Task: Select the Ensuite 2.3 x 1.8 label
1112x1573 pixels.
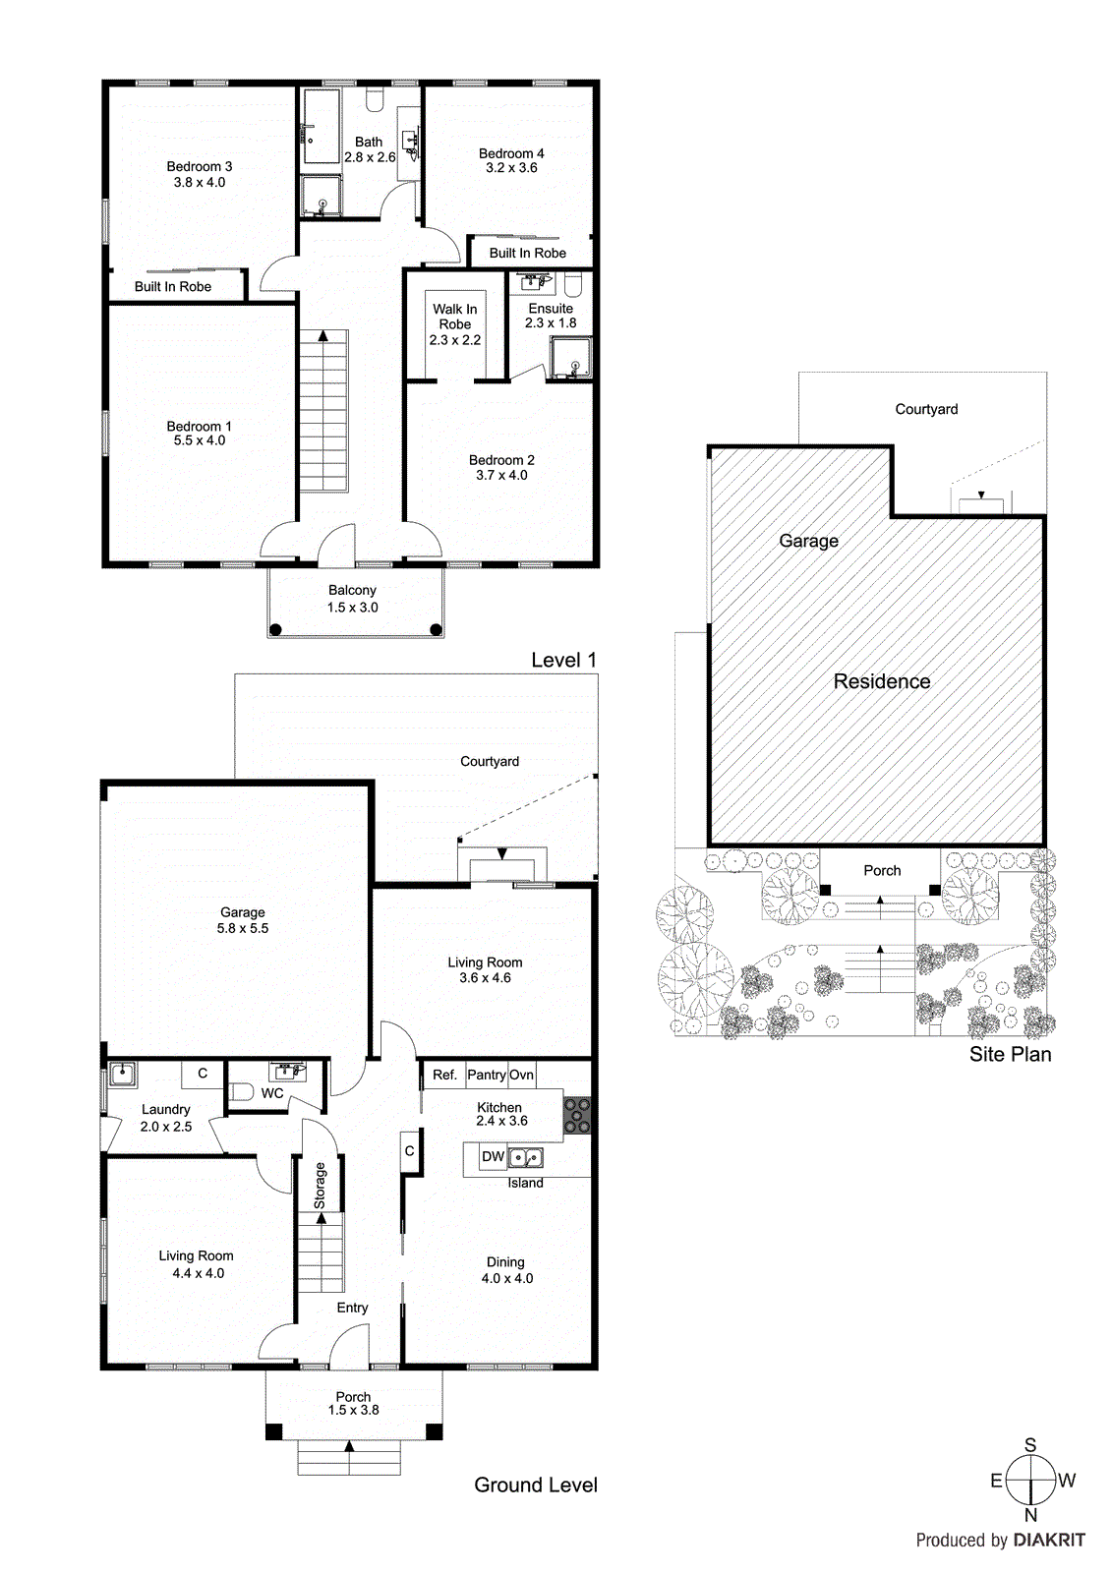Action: [551, 315]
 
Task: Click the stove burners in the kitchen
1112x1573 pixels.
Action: [577, 1116]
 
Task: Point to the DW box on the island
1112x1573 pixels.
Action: [493, 1156]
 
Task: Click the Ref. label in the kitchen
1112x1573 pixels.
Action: [444, 1075]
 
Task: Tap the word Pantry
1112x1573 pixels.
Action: [487, 1075]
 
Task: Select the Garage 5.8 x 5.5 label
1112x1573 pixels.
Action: [243, 920]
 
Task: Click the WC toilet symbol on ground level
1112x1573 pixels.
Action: [241, 1091]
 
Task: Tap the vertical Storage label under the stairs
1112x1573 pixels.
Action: [320, 1186]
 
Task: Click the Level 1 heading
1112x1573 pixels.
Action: [563, 660]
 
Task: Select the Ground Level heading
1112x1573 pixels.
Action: [536, 1485]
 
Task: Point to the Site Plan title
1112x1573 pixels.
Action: [1010, 1054]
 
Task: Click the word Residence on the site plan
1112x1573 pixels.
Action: [882, 681]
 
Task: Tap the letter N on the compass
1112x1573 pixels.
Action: [1030, 1515]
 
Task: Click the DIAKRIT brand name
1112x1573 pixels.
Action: [1049, 1541]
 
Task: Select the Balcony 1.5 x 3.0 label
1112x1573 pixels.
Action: [352, 599]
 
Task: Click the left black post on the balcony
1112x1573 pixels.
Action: [276, 629]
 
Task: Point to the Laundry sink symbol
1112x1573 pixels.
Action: [122, 1074]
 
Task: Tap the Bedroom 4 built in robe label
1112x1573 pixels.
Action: [528, 253]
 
